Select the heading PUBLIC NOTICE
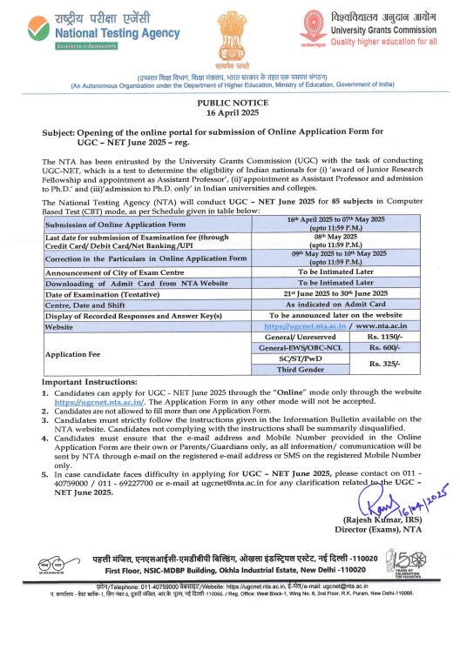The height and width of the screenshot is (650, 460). point(229,103)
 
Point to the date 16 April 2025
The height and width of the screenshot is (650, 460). point(229,113)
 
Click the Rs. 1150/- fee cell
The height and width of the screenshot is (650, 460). point(384,336)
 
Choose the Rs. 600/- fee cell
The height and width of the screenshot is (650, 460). point(384,346)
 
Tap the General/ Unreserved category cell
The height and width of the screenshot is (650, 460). point(300,336)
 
